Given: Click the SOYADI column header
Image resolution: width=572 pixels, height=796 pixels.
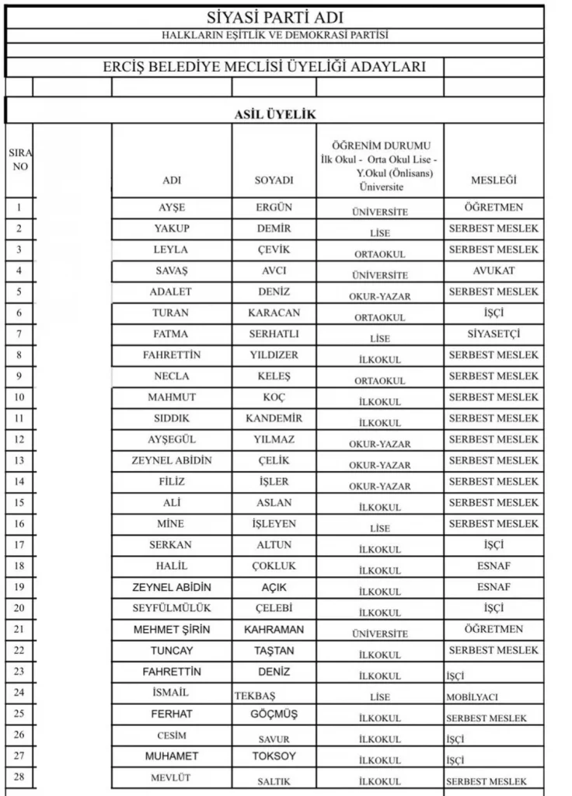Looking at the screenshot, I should pos(274,180).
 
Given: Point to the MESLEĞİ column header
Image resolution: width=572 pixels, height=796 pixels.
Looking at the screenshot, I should pos(494,180).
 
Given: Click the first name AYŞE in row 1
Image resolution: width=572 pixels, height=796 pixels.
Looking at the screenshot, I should pos(172,208).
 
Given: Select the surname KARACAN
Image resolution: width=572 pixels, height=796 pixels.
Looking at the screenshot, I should pos(274,312).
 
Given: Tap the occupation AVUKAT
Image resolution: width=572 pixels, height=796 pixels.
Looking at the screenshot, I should pos(494,271).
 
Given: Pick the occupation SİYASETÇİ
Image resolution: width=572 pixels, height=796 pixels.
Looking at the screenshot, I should pos(494,333).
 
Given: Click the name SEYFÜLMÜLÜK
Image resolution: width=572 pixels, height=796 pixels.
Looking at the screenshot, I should pos(172,607).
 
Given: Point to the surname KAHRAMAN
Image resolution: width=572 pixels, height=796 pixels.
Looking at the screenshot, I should pos(274,629).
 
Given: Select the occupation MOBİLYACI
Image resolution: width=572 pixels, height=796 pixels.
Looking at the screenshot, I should pos(473,697).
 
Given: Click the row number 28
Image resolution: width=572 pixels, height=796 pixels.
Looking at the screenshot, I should pos(19,777).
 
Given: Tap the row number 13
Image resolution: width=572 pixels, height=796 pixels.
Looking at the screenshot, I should pos(19,460).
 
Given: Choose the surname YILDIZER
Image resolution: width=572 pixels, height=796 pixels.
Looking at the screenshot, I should pos(274,354).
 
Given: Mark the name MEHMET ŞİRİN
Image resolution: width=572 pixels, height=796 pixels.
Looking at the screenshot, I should pos(172,629).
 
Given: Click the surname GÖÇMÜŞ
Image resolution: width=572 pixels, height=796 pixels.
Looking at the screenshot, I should pos(274,714).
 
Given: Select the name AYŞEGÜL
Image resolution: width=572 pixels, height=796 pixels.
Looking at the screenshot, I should pos(172,439).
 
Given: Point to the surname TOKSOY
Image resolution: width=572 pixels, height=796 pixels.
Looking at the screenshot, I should pos(274,756).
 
